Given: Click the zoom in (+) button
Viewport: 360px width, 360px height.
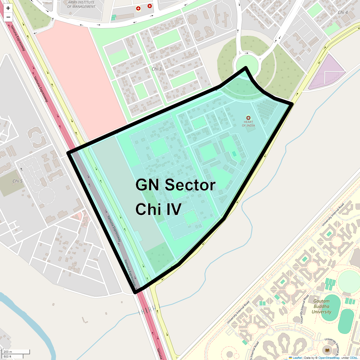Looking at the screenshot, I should click(8, 8).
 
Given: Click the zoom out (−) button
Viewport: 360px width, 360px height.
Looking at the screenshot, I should click(8, 17).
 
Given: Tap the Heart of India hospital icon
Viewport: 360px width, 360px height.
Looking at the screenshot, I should click(248, 118).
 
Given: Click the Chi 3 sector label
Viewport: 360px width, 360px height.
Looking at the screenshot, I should click(157, 69).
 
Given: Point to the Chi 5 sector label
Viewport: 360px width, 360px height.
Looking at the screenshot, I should click(17, 181).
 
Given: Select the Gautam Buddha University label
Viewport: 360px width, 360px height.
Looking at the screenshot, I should click(321, 306).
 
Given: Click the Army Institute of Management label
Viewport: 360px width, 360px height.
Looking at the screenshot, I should click(81, 4).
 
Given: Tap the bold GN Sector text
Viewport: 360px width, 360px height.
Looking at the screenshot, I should click(175, 185).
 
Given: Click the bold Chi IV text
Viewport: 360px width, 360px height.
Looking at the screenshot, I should click(158, 209).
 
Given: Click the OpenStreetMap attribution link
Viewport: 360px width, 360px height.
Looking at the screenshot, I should click(329, 358).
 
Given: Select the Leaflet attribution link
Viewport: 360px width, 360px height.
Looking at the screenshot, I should click(297, 358).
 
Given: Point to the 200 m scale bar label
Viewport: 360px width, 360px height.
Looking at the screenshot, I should click(8, 352).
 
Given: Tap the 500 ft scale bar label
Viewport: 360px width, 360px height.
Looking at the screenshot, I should click(8, 356).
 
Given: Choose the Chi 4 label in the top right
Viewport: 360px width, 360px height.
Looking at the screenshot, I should click(343, 12).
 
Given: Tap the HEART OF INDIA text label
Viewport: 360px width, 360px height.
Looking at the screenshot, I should click(248, 124).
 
